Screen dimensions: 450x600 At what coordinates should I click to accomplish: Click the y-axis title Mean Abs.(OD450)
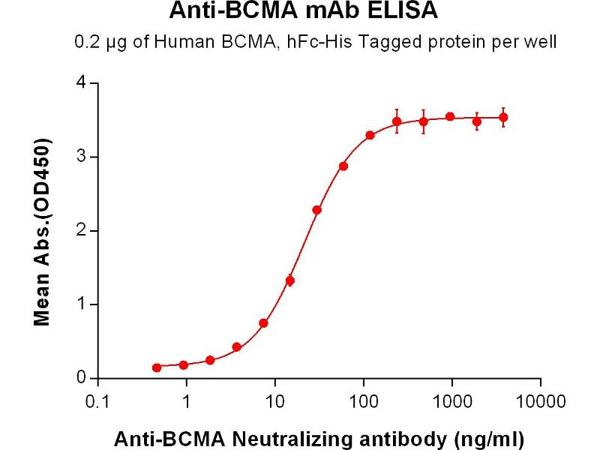click(43, 231)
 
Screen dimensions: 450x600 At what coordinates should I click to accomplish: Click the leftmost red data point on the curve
click(157, 367)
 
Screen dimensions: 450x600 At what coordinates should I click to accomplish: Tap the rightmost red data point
click(503, 117)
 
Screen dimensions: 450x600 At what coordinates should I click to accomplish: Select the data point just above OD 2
click(317, 210)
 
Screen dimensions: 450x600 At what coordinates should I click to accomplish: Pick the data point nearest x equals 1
click(184, 364)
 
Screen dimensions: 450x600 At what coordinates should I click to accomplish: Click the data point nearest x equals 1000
click(450, 116)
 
